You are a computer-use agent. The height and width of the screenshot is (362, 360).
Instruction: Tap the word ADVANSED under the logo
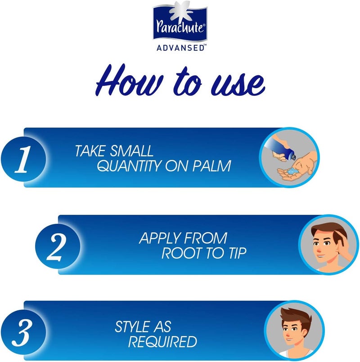coord(180,47)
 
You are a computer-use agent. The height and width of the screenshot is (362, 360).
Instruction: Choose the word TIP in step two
coord(237,253)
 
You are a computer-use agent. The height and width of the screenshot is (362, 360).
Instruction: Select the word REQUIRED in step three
coord(163,341)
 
